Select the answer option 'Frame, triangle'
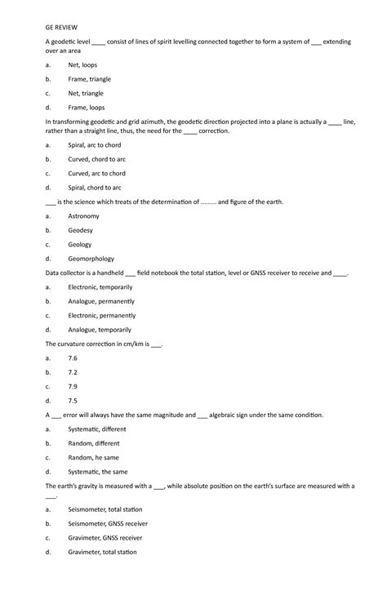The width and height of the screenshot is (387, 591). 89,79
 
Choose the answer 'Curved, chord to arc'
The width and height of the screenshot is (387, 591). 96,159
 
